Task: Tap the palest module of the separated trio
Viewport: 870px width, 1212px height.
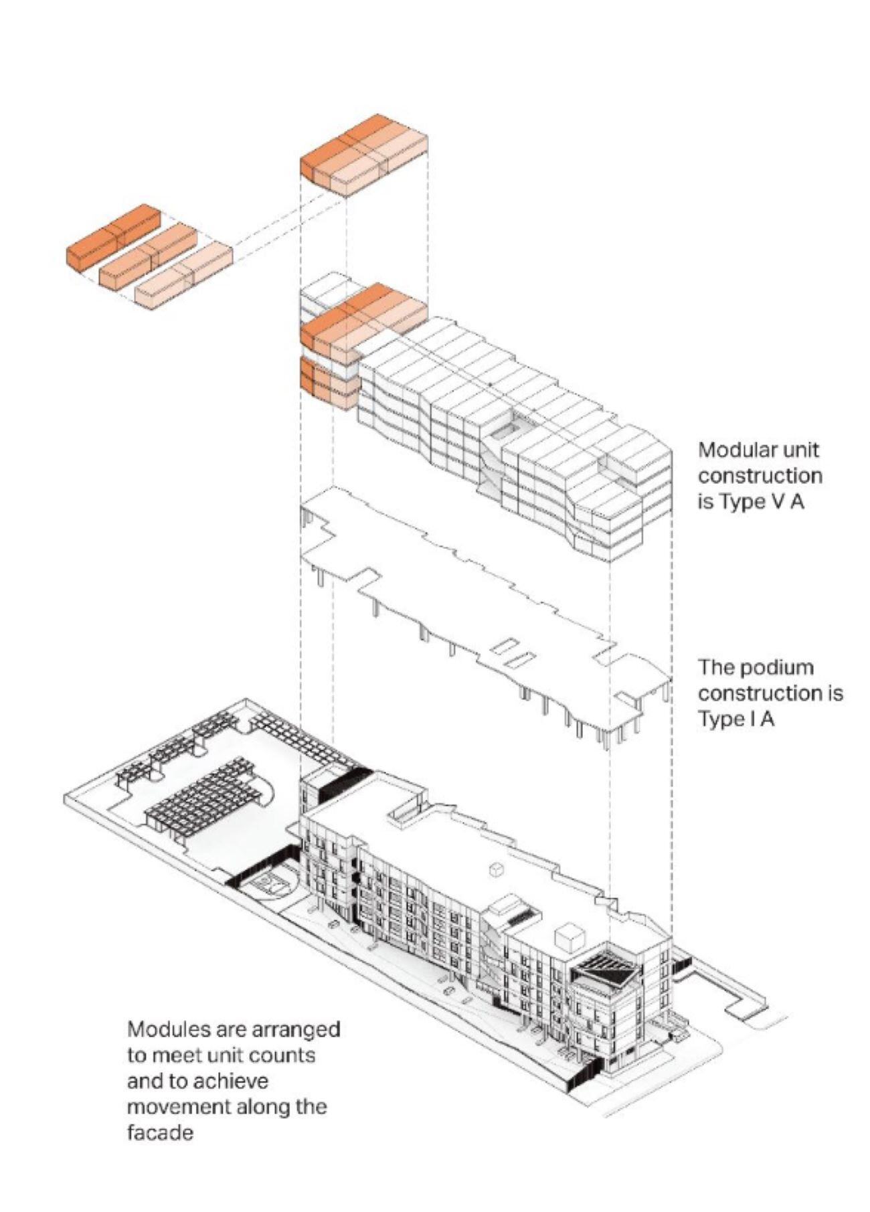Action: point(184,276)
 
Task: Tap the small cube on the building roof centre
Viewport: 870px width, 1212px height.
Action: point(496,869)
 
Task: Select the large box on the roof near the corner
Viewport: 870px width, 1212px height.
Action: point(570,936)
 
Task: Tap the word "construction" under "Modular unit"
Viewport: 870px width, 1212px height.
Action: point(760,476)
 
